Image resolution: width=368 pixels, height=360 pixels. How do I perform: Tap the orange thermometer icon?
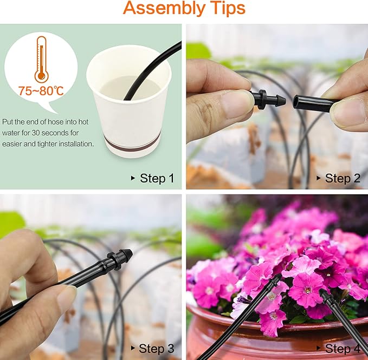coord(41,60)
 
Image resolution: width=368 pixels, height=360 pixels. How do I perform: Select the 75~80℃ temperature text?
coord(41,90)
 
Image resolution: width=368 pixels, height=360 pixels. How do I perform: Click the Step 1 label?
coord(157,178)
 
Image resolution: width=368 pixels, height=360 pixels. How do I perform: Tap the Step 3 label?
coord(157,348)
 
